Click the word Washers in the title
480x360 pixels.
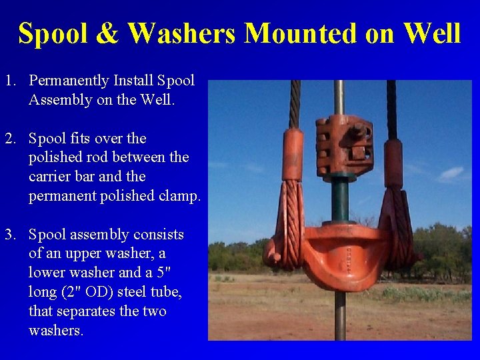pyautogui.click(x=181, y=33)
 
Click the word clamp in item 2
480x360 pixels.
pyautogui.click(x=180, y=196)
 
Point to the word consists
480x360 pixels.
pyautogui.click(x=159, y=235)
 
